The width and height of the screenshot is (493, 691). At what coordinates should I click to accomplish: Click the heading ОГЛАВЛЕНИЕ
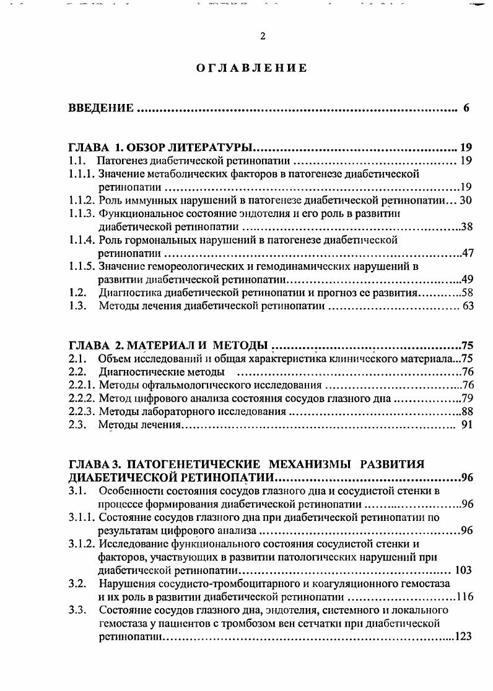251,68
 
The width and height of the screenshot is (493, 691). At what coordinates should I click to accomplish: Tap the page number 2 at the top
263,36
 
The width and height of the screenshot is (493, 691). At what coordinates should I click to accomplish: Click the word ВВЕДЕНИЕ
101,109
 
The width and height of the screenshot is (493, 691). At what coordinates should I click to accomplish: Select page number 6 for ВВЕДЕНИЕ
466,109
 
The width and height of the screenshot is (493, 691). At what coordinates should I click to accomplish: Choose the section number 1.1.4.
82,239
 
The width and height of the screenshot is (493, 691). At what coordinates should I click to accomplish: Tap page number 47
467,253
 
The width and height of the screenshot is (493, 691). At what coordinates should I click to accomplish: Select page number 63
466,306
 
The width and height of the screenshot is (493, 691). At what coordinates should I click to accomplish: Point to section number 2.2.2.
82,398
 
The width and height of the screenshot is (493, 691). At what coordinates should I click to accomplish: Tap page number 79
467,398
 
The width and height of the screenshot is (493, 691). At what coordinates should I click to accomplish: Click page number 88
467,411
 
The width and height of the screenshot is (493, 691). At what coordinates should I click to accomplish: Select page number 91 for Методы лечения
467,425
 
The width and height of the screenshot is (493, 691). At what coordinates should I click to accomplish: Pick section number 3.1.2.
82,544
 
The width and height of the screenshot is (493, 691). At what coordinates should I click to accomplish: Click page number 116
464,597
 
